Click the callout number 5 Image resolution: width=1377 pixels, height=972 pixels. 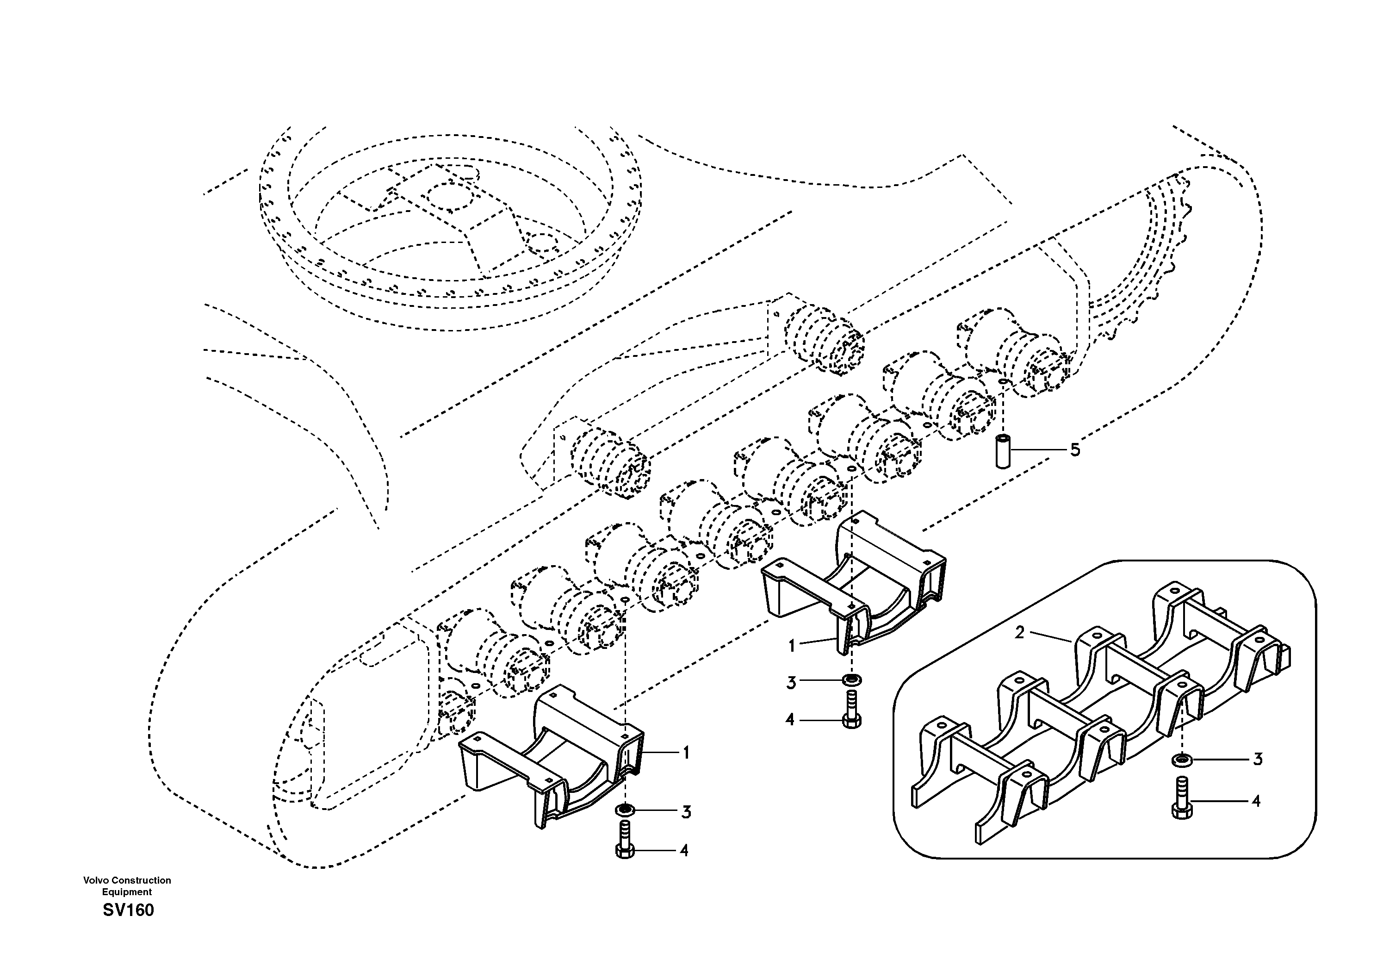pos(1075,449)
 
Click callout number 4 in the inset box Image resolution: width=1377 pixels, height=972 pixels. pos(1256,801)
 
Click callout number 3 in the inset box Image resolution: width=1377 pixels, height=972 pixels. pos(1257,759)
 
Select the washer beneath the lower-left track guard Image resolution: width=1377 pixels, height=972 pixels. pos(625,810)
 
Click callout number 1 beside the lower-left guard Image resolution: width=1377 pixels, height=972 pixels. pos(686,753)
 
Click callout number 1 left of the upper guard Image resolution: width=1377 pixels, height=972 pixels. pos(792,646)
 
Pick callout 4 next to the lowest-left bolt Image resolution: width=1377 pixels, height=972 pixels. pos(684,851)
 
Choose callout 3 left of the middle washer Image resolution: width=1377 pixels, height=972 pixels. pos(791,683)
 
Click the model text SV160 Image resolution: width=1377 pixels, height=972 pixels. pos(128,910)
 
